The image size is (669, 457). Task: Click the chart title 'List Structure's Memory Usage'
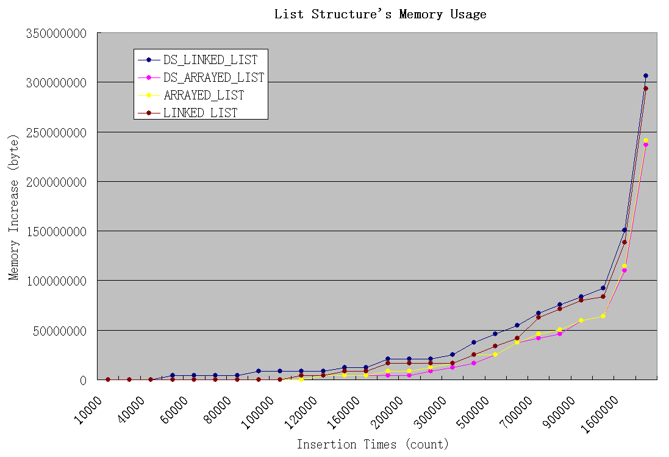click(x=380, y=14)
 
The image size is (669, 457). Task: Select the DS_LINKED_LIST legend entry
click(x=210, y=60)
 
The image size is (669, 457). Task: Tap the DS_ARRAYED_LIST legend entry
click(x=213, y=77)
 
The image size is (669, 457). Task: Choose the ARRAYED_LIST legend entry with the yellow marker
click(x=203, y=95)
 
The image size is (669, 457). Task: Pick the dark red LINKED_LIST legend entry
click(x=200, y=113)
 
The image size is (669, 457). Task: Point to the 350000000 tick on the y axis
click(x=56, y=33)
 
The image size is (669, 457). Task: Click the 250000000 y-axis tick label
click(x=56, y=132)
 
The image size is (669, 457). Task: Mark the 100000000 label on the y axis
click(x=56, y=281)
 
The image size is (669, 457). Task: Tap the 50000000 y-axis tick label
click(x=59, y=331)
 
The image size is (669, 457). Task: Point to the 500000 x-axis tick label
click(x=474, y=408)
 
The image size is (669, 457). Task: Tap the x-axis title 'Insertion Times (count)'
click(x=373, y=444)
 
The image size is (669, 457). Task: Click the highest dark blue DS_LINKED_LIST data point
click(x=646, y=76)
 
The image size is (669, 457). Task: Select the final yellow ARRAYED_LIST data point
click(x=646, y=140)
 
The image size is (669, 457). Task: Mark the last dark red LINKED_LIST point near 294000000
click(x=646, y=88)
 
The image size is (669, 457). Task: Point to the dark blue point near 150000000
click(x=624, y=230)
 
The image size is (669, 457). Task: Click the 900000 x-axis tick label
click(x=560, y=408)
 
